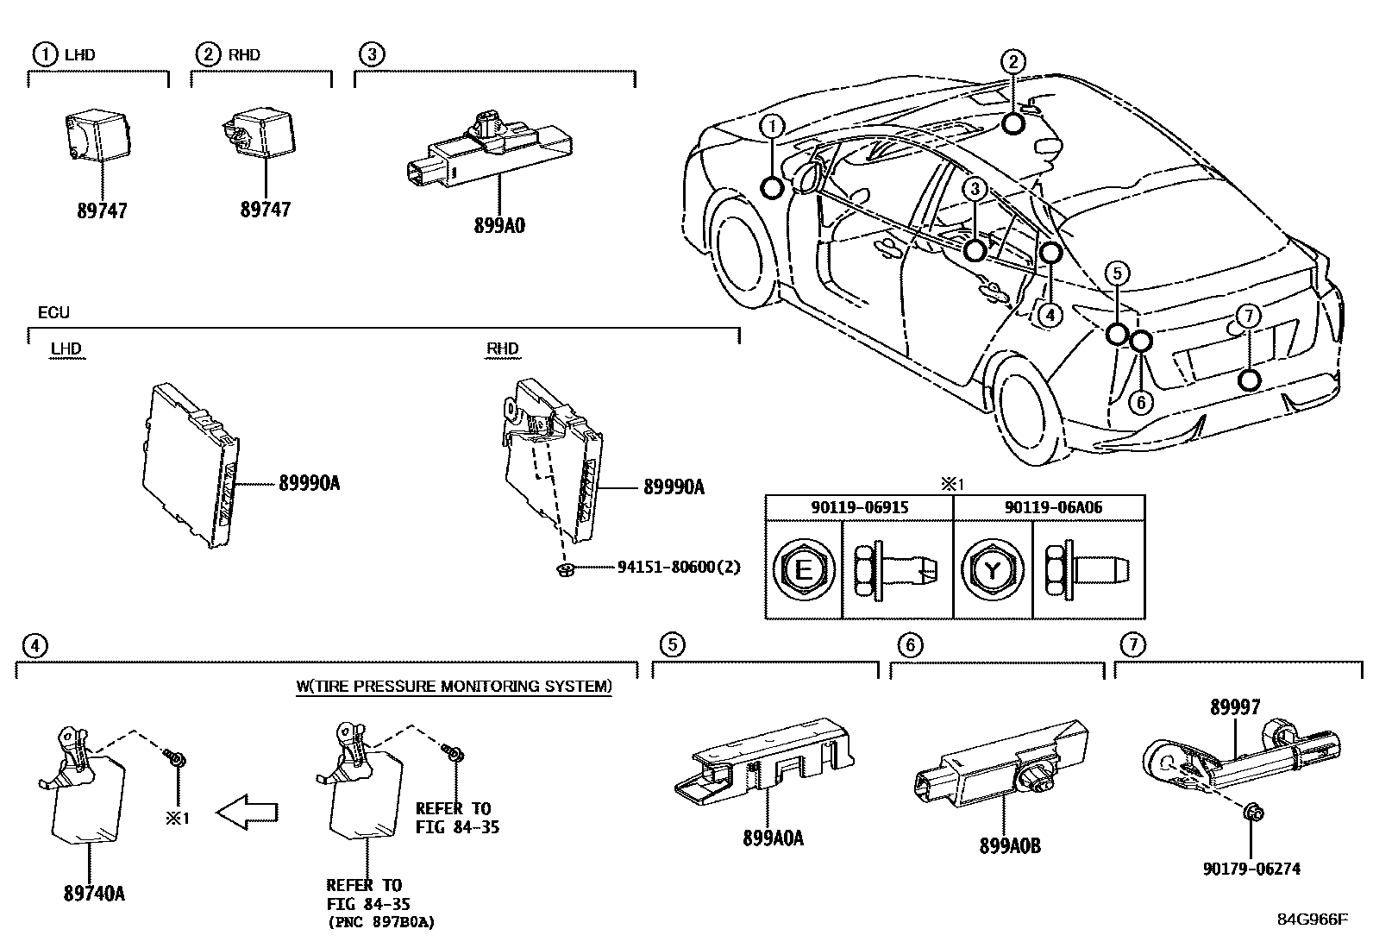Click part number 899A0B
click(1009, 846)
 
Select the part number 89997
click(1234, 707)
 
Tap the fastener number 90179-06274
click(1251, 870)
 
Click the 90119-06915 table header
click(859, 507)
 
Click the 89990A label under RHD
click(674, 487)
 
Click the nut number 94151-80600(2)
click(679, 567)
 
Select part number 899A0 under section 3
click(498, 226)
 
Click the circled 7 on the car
click(1248, 317)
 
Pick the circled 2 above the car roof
click(1013, 62)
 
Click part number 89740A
click(94, 894)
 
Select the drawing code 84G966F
click(1312, 919)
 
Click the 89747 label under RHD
click(265, 210)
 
